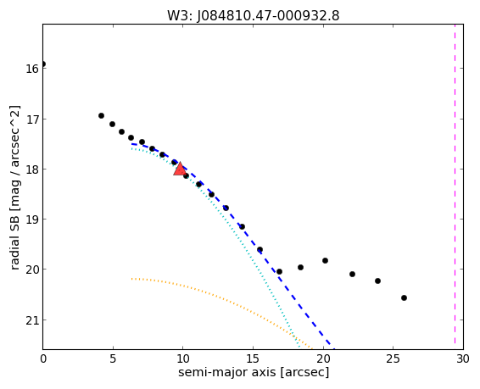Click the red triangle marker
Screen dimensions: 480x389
click(180, 169)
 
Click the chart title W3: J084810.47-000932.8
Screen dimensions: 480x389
click(254, 16)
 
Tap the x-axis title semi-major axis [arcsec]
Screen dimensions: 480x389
click(254, 372)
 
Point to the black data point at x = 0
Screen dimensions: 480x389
click(43, 64)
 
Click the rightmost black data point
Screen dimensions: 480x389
click(404, 297)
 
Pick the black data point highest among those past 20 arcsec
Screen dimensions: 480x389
click(325, 260)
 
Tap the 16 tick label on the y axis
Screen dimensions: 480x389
click(32, 69)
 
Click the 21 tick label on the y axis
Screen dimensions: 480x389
click(32, 320)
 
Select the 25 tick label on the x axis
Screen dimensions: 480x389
click(393, 358)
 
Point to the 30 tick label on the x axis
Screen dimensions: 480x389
click(463, 358)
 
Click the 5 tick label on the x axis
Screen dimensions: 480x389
click(113, 358)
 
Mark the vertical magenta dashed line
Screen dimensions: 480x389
click(455, 186)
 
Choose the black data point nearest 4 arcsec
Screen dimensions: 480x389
click(101, 115)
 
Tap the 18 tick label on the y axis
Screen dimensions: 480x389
click(32, 169)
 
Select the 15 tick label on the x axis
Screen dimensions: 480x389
click(253, 358)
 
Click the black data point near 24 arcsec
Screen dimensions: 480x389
click(377, 281)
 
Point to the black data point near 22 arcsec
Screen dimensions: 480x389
click(352, 274)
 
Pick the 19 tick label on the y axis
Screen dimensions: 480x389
click(32, 220)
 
